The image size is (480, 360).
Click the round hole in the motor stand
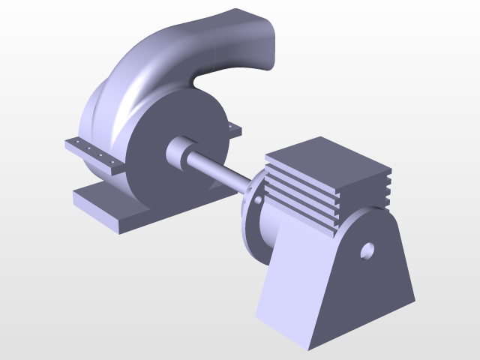(x=367, y=250)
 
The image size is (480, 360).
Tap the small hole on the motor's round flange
(x=258, y=201)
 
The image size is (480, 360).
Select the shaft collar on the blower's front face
(x=179, y=153)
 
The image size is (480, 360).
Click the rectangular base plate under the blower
(x=112, y=210)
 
